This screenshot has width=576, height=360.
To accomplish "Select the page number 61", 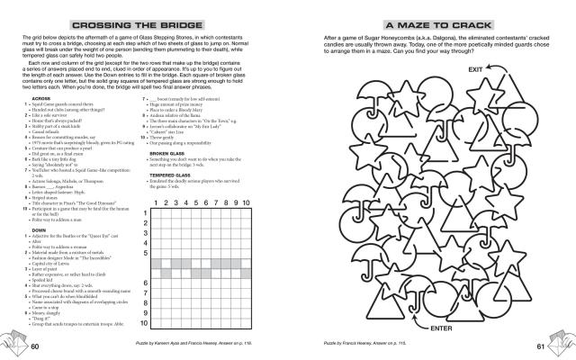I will [x=542, y=346].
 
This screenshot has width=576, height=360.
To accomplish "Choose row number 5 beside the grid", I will [x=147, y=253].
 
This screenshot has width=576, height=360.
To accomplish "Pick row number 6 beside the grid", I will [x=147, y=282].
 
